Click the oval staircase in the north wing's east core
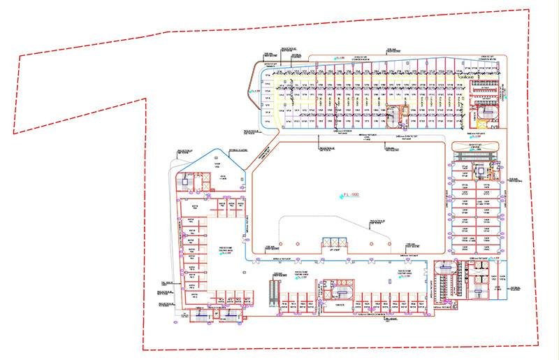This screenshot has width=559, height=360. click(x=488, y=112)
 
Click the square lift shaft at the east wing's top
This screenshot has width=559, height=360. click(x=480, y=170)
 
